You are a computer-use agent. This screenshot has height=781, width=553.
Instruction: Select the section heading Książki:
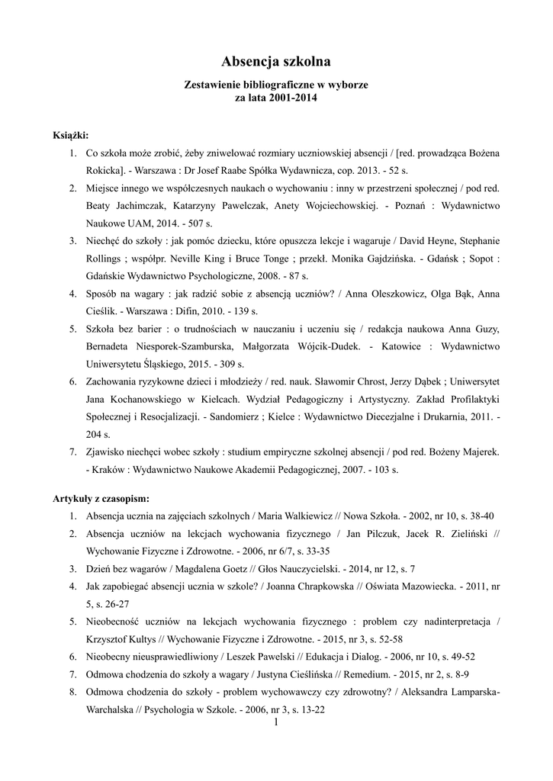(71, 135)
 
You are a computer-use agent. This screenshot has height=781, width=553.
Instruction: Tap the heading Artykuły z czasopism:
(101, 498)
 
